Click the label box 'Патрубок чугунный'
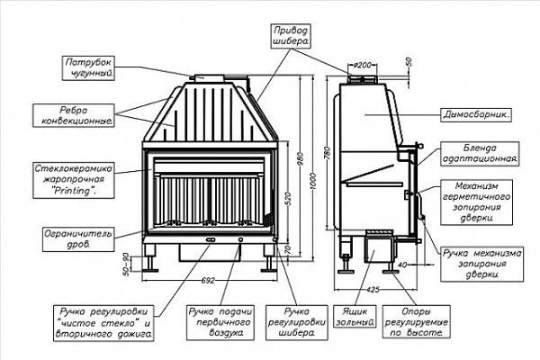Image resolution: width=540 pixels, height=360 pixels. (88, 68)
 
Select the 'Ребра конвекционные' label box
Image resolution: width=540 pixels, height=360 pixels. (74, 115)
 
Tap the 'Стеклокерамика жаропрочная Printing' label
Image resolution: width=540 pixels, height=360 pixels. (74, 179)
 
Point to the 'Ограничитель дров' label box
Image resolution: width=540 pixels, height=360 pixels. (78, 239)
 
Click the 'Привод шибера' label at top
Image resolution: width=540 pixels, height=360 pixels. (291, 36)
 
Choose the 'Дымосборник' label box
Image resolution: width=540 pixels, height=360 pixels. (476, 114)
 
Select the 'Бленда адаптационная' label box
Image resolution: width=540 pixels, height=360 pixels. (480, 154)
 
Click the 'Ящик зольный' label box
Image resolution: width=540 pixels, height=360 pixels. (355, 317)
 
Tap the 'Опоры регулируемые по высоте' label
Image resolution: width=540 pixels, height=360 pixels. (417, 322)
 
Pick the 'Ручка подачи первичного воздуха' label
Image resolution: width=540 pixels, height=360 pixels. (220, 322)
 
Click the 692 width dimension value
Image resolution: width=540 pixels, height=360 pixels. (208, 281)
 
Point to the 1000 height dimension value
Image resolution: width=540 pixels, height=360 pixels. (313, 182)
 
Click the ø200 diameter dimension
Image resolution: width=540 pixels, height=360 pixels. (363, 65)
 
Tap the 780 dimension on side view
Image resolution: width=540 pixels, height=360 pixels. (328, 153)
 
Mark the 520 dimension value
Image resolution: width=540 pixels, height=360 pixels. (288, 199)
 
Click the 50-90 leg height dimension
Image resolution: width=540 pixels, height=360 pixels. (126, 265)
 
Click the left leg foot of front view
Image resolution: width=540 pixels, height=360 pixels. (149, 270)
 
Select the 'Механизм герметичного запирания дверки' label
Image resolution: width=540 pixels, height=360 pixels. (476, 202)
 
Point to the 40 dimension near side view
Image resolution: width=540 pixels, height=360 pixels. (402, 265)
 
